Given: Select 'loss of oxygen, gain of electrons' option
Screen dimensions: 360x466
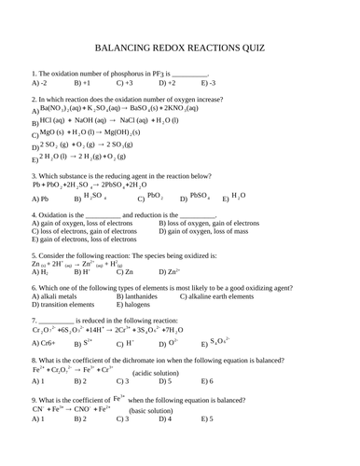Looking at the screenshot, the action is pyautogui.click(x=209, y=224).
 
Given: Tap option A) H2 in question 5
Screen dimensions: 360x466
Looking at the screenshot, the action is pyautogui.click(x=40, y=272).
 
